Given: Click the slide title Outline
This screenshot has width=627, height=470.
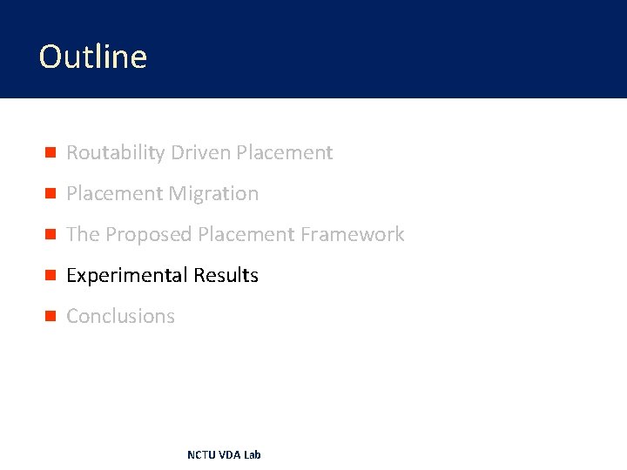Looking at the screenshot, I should [x=93, y=57].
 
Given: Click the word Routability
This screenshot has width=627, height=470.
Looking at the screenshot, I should [x=116, y=153].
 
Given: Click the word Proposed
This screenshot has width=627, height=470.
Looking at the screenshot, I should [x=149, y=235].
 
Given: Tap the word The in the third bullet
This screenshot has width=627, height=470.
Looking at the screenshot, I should [x=83, y=235].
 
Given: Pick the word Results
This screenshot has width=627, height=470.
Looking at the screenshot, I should [x=226, y=276].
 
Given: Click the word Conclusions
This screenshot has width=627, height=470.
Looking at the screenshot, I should [x=120, y=317].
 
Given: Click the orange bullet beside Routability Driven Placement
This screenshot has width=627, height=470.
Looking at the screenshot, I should [x=51, y=153].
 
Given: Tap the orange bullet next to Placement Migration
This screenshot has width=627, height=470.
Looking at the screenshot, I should [x=51, y=194].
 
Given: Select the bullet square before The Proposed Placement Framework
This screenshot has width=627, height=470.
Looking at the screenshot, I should [x=51, y=235].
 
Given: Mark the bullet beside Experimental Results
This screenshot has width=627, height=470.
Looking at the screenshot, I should [x=51, y=276].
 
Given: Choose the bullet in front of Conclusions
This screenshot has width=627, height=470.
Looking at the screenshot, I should [x=51, y=317].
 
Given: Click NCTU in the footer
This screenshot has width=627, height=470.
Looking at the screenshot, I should [x=201, y=455].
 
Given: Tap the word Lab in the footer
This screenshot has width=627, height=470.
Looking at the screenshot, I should [x=253, y=455].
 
